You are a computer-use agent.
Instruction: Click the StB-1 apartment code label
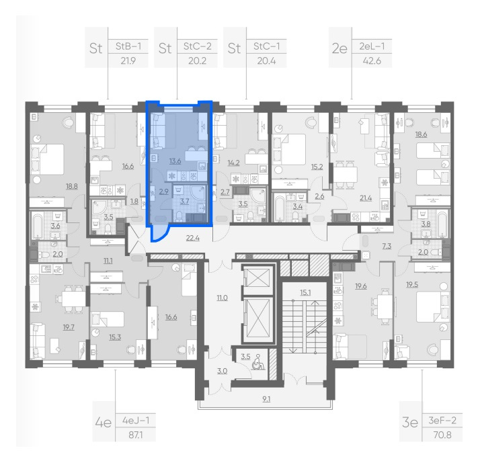(128, 46)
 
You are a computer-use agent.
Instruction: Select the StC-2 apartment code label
(198, 46)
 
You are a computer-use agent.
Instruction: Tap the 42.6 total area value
(372, 61)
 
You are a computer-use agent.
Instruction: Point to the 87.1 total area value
(136, 435)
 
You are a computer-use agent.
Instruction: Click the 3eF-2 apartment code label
(442, 420)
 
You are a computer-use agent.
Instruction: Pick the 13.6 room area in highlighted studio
(175, 161)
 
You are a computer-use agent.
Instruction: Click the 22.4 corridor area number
(193, 237)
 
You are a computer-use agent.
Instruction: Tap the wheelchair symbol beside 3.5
(257, 362)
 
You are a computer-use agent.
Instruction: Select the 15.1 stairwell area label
(305, 292)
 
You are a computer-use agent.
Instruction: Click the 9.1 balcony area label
(266, 399)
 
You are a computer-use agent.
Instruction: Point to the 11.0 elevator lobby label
(223, 298)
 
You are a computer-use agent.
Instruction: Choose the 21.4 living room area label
(366, 198)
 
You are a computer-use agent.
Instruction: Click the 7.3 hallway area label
(387, 246)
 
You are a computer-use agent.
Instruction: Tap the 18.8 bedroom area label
(72, 186)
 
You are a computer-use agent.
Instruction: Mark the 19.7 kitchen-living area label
(69, 327)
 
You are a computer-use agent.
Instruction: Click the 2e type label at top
(339, 48)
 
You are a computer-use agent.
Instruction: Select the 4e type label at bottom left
(103, 423)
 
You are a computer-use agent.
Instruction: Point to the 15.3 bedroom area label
(115, 337)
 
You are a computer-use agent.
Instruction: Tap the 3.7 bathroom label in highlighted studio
(184, 201)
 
